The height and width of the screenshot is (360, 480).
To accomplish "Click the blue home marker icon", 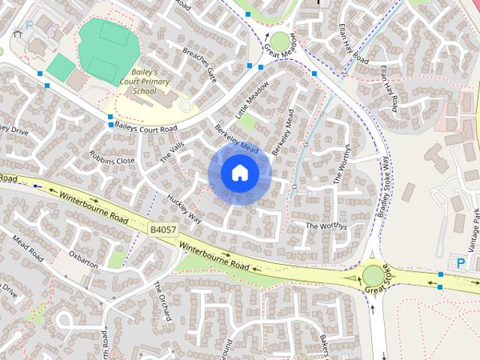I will [x=239, y=173].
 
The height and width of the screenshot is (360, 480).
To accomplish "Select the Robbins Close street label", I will [x=112, y=157].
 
